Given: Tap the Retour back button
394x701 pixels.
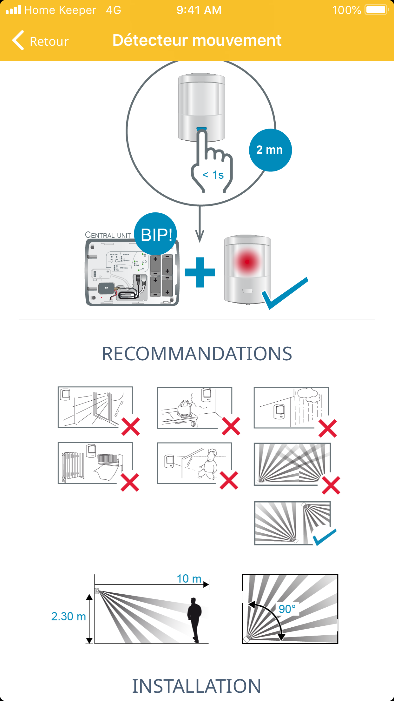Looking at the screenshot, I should click(41, 41).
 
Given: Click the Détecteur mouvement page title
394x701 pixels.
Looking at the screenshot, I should click(197, 40).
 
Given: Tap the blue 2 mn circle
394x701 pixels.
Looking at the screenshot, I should click(270, 150).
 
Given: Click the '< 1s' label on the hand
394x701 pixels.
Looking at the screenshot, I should click(213, 175).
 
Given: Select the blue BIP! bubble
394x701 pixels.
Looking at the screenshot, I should click(156, 234).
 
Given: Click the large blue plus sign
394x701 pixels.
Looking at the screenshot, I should click(200, 272).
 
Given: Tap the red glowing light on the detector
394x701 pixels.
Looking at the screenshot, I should click(247, 262).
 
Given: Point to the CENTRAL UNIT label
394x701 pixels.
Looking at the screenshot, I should click(108, 235).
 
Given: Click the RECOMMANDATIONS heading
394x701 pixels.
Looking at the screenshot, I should click(197, 354).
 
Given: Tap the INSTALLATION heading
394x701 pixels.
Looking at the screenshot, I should click(197, 686).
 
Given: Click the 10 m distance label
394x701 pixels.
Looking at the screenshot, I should click(189, 578).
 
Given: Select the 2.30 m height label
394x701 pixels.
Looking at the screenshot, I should click(69, 617).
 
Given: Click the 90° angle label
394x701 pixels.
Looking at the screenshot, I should click(287, 609).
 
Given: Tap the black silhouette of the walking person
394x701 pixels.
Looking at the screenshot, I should click(194, 619).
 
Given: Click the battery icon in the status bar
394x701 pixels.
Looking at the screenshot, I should click(377, 10).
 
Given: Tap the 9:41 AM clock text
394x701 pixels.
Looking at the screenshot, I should click(199, 10).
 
